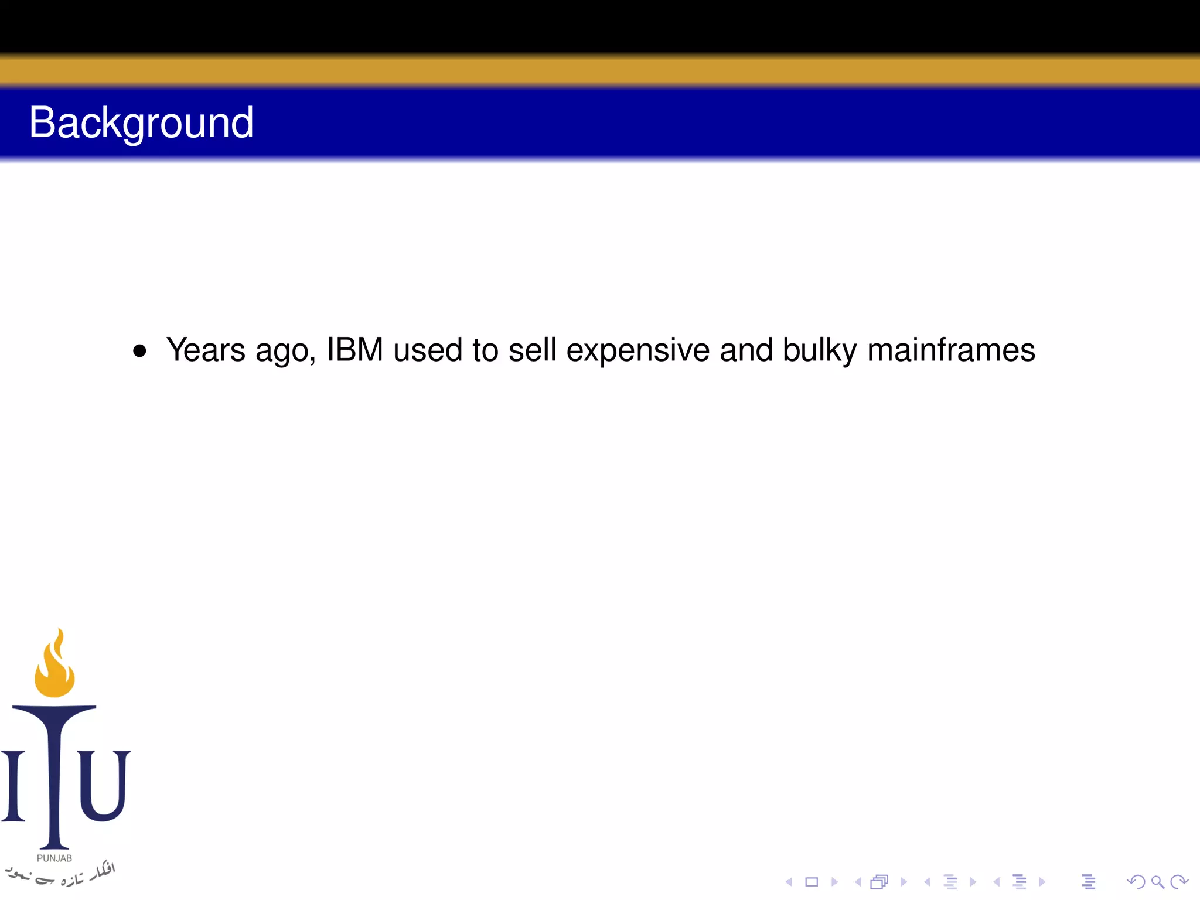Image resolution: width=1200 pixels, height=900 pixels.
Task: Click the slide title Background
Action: [141, 123]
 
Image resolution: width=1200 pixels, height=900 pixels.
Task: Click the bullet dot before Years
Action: [139, 351]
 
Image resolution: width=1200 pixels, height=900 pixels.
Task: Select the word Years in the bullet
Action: [206, 350]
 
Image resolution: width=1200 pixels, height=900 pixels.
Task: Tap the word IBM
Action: [354, 350]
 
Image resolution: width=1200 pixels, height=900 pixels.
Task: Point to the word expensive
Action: [637, 350]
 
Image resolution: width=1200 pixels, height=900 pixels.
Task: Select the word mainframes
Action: [951, 350]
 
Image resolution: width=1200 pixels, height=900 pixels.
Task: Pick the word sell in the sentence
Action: [531, 350]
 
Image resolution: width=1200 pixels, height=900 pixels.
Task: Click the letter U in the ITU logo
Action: [103, 785]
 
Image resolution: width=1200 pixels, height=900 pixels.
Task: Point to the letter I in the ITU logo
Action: [13, 785]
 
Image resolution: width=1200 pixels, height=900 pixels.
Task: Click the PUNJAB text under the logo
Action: [54, 858]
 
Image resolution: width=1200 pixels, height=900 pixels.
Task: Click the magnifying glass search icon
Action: [1157, 882]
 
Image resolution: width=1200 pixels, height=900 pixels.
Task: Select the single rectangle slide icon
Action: [812, 882]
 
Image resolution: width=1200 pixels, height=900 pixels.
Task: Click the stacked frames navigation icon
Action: [879, 882]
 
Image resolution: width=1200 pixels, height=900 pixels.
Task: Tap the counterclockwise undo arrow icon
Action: [1136, 882]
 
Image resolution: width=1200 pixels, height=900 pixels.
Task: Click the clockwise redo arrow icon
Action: [1179, 882]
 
